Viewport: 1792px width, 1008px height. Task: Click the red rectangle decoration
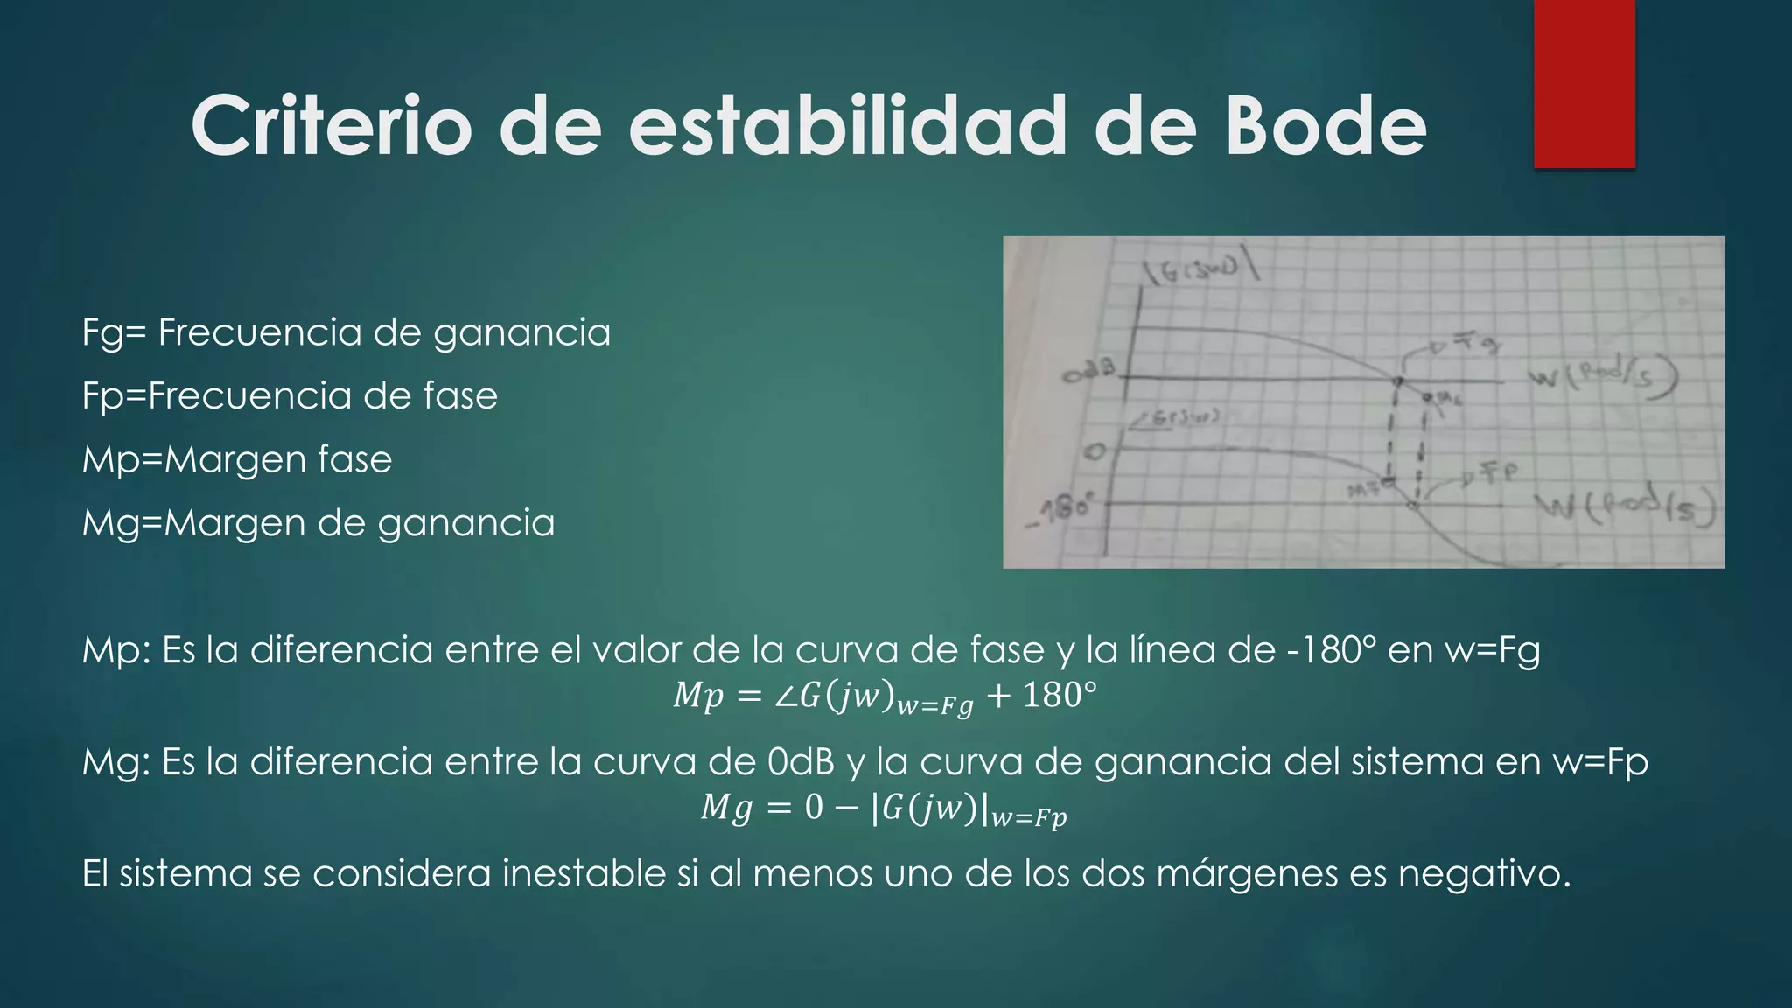click(1584, 83)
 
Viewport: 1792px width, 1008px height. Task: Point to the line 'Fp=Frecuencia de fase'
click(290, 395)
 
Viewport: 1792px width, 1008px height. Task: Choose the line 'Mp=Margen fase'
click(237, 459)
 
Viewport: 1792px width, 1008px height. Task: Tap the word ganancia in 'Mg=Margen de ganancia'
click(466, 524)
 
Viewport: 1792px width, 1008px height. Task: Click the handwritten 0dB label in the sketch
click(1090, 374)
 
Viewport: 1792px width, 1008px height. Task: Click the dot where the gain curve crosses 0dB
click(1397, 381)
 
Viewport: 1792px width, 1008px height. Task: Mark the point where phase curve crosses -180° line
click(1411, 506)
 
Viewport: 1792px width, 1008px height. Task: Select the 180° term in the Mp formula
click(1059, 696)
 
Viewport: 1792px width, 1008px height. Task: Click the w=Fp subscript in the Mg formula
click(1029, 818)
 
